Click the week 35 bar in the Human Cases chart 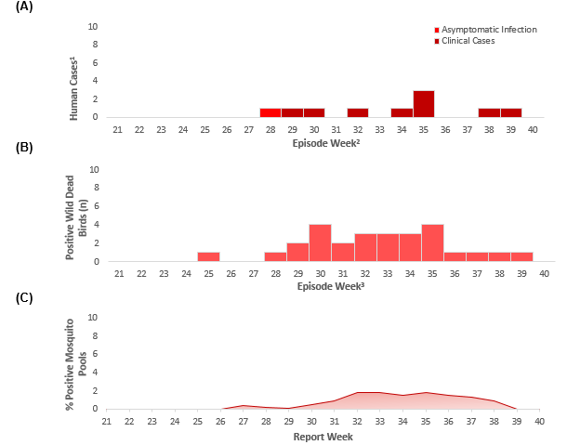point(423,104)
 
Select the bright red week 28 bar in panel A point(270,112)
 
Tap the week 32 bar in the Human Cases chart point(357,112)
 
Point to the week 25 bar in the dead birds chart point(208,256)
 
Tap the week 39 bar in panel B point(521,256)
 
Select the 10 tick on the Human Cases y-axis point(93,26)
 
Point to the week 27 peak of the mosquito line point(243,405)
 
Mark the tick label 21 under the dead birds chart point(118,274)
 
